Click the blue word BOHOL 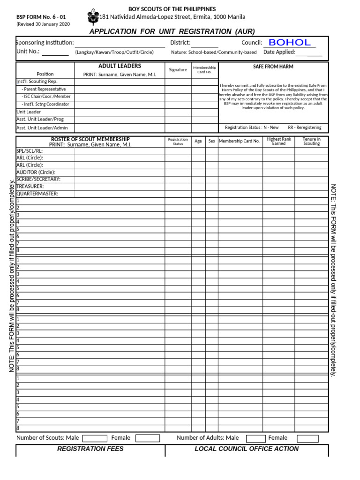[290, 43]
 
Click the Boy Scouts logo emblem [92, 17]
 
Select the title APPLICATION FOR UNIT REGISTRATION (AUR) [172, 31]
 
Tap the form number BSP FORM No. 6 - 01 [41, 17]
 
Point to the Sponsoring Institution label [45, 43]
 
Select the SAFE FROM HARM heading [273, 67]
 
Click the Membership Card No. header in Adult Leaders [204, 70]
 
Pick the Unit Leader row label [29, 112]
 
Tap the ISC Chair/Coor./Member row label [46, 97]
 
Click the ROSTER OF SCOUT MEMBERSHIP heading [90, 139]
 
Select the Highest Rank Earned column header [278, 142]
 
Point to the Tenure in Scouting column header [311, 142]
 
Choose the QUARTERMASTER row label [37, 194]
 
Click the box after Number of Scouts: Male [95, 438]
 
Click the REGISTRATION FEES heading [90, 449]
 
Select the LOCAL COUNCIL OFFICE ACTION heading [247, 449]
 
